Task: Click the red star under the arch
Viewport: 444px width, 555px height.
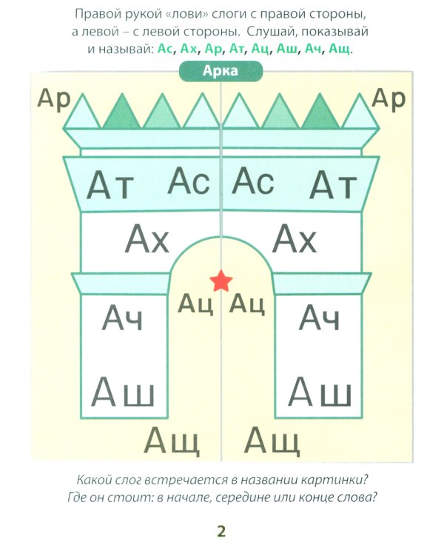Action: click(221, 280)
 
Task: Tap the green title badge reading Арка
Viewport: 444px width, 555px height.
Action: click(221, 72)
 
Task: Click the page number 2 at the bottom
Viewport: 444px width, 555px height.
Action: click(221, 531)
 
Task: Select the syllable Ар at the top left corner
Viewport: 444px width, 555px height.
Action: click(53, 98)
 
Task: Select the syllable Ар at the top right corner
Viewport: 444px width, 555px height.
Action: click(388, 98)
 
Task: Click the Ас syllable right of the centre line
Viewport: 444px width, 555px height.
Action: click(254, 181)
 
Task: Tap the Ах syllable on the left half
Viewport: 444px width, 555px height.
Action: click(147, 240)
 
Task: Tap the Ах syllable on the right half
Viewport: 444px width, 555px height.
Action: click(295, 240)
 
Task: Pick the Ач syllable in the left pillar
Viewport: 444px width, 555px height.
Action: click(122, 318)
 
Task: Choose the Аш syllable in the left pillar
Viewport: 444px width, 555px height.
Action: click(122, 390)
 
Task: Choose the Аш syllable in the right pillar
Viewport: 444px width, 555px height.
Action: click(319, 390)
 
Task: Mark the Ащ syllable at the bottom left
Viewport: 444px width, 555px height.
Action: click(172, 442)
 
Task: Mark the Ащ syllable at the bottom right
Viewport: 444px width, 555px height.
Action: click(272, 442)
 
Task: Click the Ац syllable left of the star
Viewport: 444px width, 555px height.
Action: click(196, 304)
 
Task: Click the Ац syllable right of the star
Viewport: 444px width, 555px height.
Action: click(246, 304)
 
